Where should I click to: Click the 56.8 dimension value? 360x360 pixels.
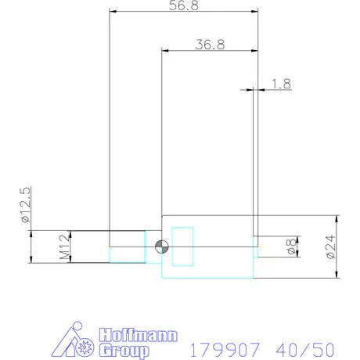click(x=183, y=5)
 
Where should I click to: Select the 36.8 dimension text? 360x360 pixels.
click(x=210, y=45)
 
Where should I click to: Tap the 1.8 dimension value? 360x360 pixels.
click(x=281, y=83)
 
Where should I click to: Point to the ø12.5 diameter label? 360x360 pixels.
click(x=25, y=206)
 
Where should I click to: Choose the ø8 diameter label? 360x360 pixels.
click(x=289, y=247)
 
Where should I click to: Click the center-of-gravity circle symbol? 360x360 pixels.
click(x=160, y=247)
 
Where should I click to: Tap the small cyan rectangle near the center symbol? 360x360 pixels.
click(x=182, y=246)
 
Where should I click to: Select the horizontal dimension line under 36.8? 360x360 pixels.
click(x=210, y=51)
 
